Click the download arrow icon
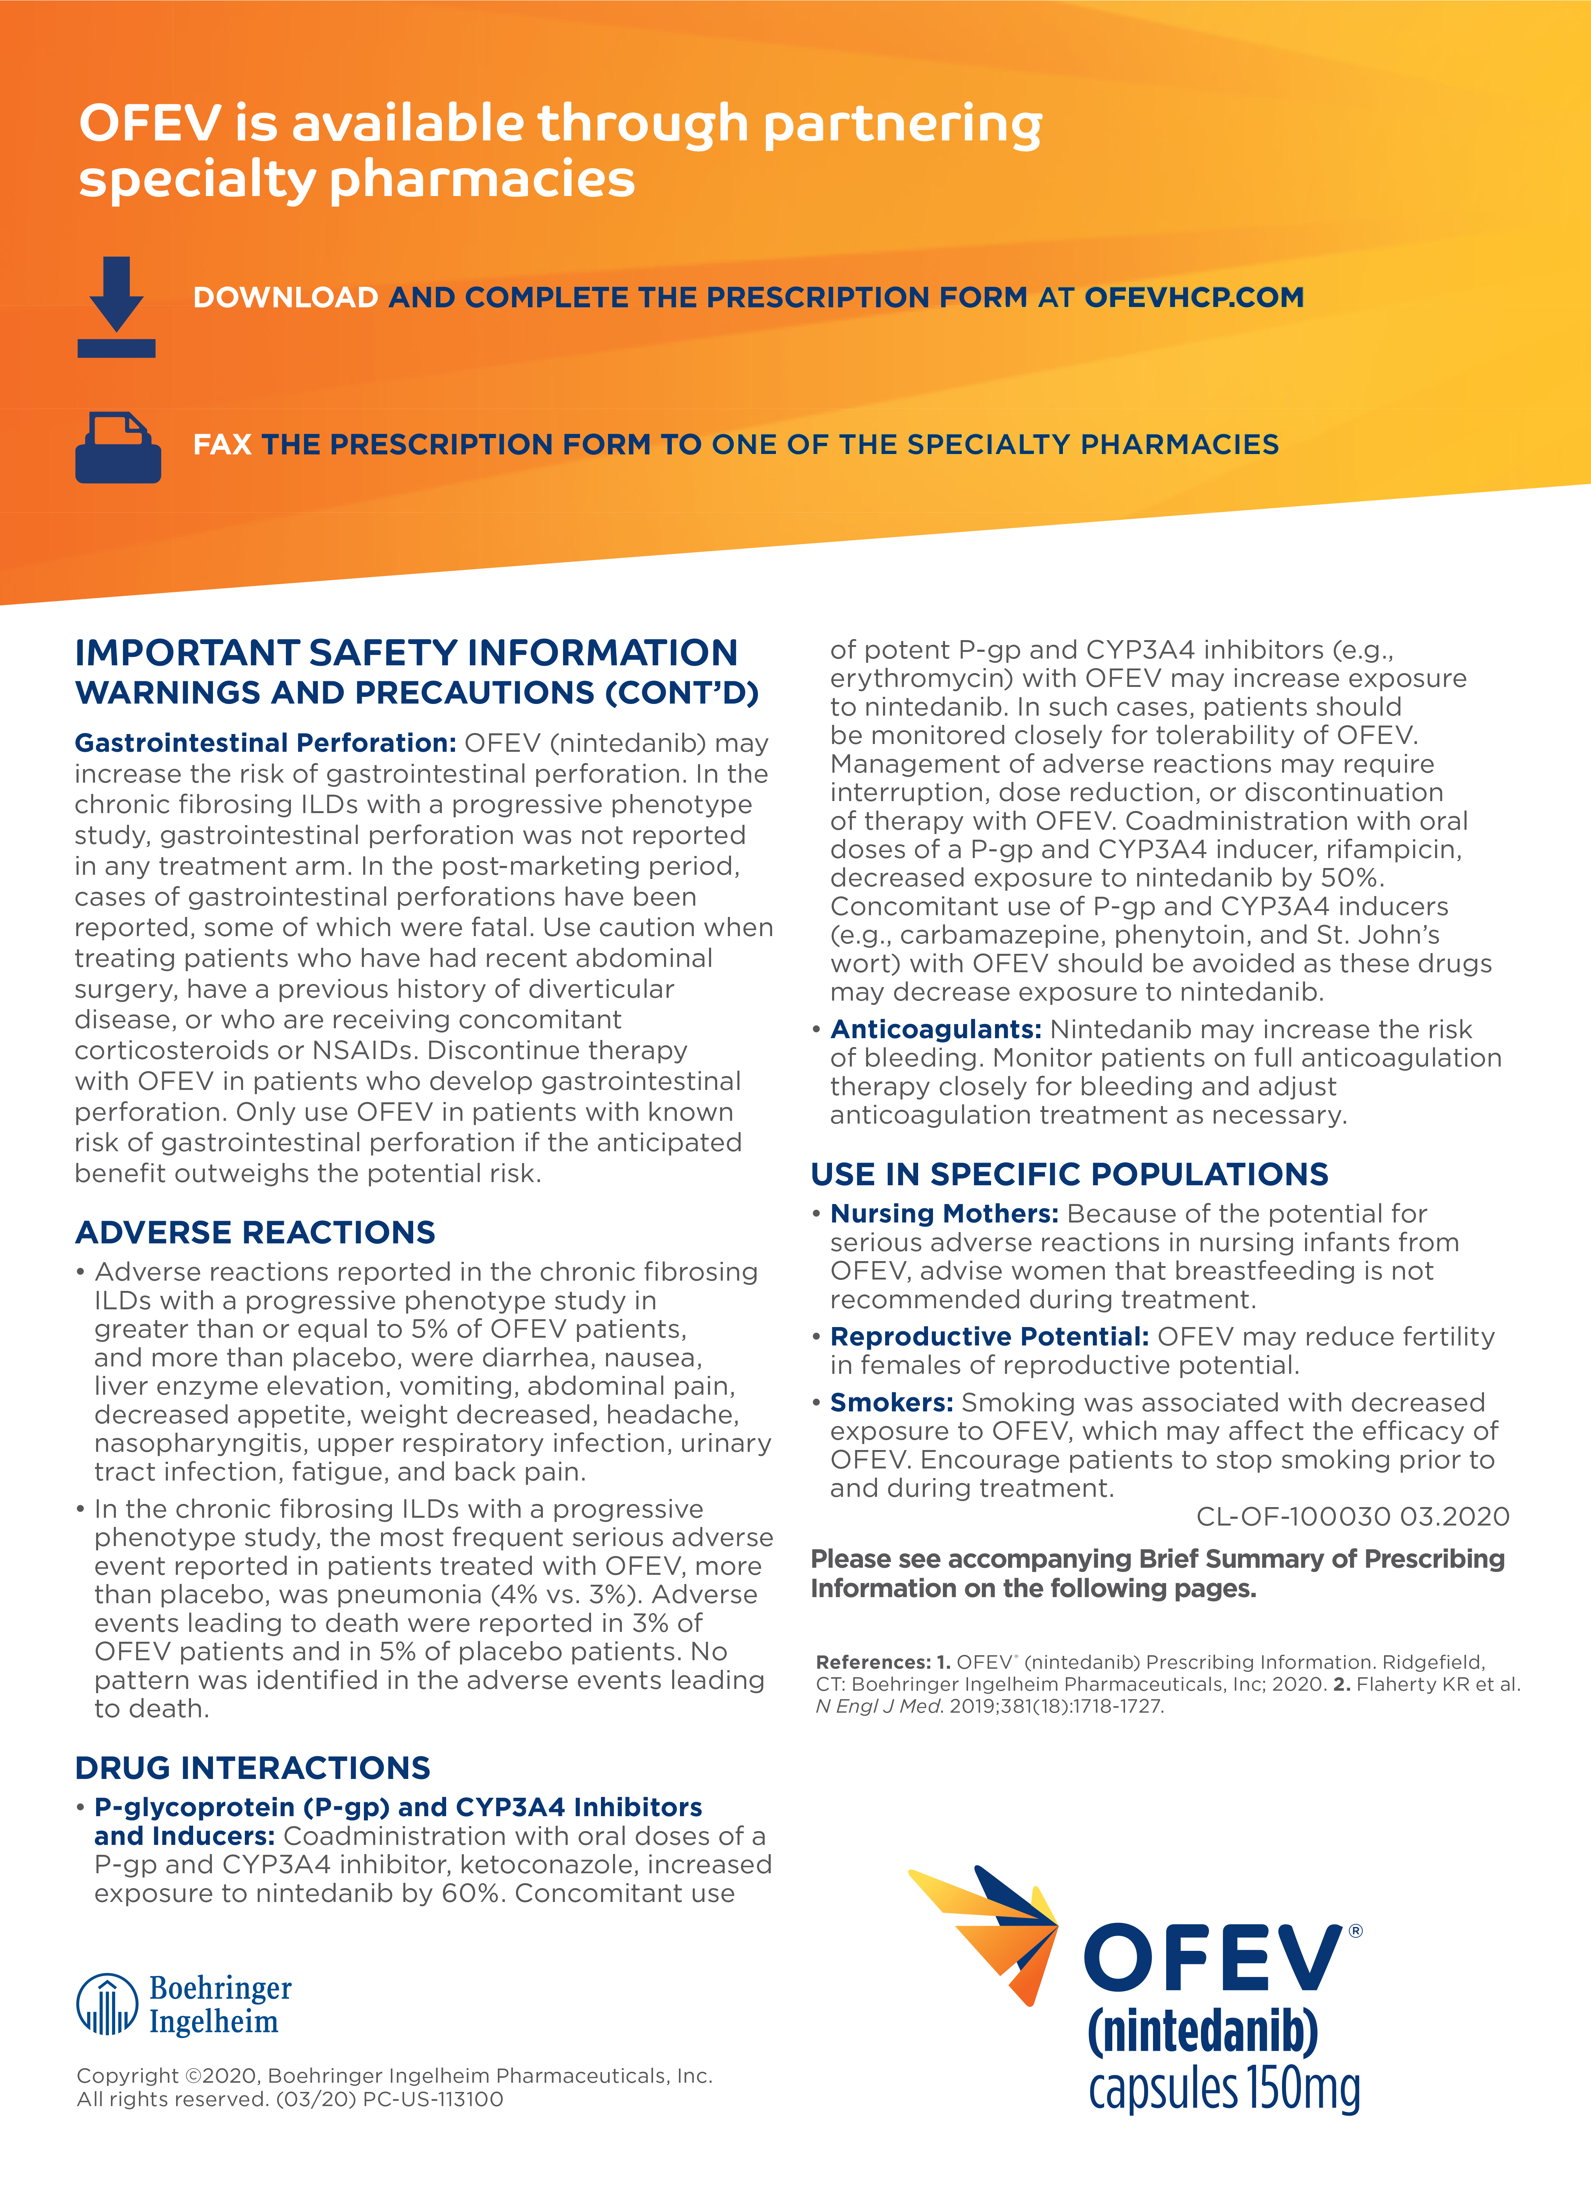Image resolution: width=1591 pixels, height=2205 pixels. coord(117,306)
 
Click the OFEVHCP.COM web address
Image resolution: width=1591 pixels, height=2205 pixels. coord(1193,297)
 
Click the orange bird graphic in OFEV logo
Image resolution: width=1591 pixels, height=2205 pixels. coord(991,1930)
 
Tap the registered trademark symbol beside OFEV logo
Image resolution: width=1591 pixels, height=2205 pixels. coord(1356,1931)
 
